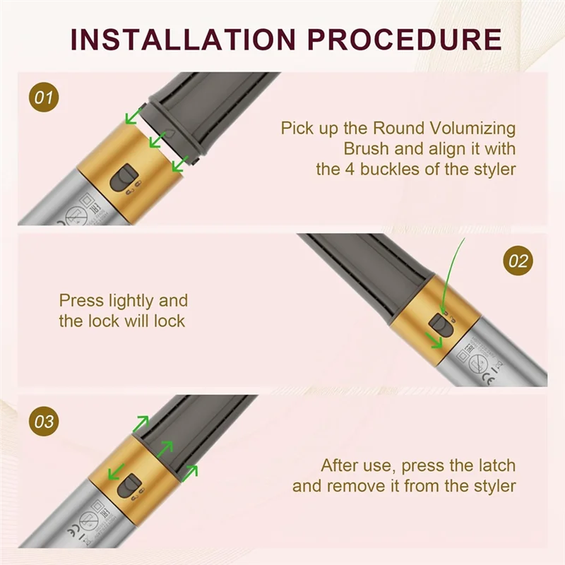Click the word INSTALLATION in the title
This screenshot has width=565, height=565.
pyautogui.click(x=180, y=40)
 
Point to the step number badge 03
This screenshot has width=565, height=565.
pyautogui.click(x=44, y=422)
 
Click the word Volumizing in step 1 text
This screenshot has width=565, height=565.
pyautogui.click(x=477, y=129)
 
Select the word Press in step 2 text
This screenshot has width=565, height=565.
pyautogui.click(x=80, y=301)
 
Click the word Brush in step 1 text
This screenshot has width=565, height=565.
pyautogui.click(x=366, y=149)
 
